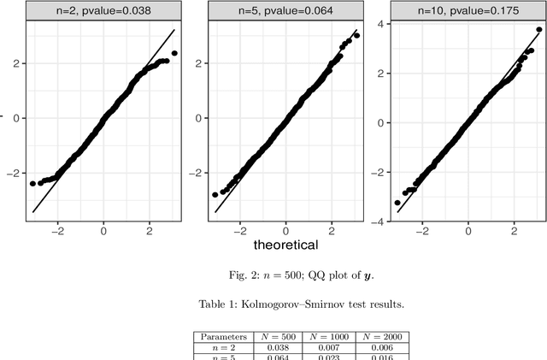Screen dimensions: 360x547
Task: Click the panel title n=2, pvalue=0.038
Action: [103, 11]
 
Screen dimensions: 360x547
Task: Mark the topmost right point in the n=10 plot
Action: [539, 29]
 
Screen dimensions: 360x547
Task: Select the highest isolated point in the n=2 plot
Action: [174, 53]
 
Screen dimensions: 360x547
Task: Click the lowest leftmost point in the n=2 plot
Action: [32, 184]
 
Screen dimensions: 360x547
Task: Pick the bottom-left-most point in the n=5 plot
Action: [215, 195]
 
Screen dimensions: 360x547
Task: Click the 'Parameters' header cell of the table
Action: [221, 338]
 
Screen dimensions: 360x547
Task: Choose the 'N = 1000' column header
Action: [332, 338]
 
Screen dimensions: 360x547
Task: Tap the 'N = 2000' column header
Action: [383, 338]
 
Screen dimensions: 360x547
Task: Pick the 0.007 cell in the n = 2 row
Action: [332, 349]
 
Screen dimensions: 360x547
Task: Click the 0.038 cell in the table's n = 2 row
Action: [282, 349]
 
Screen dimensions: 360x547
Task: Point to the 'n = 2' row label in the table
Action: [221, 349]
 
